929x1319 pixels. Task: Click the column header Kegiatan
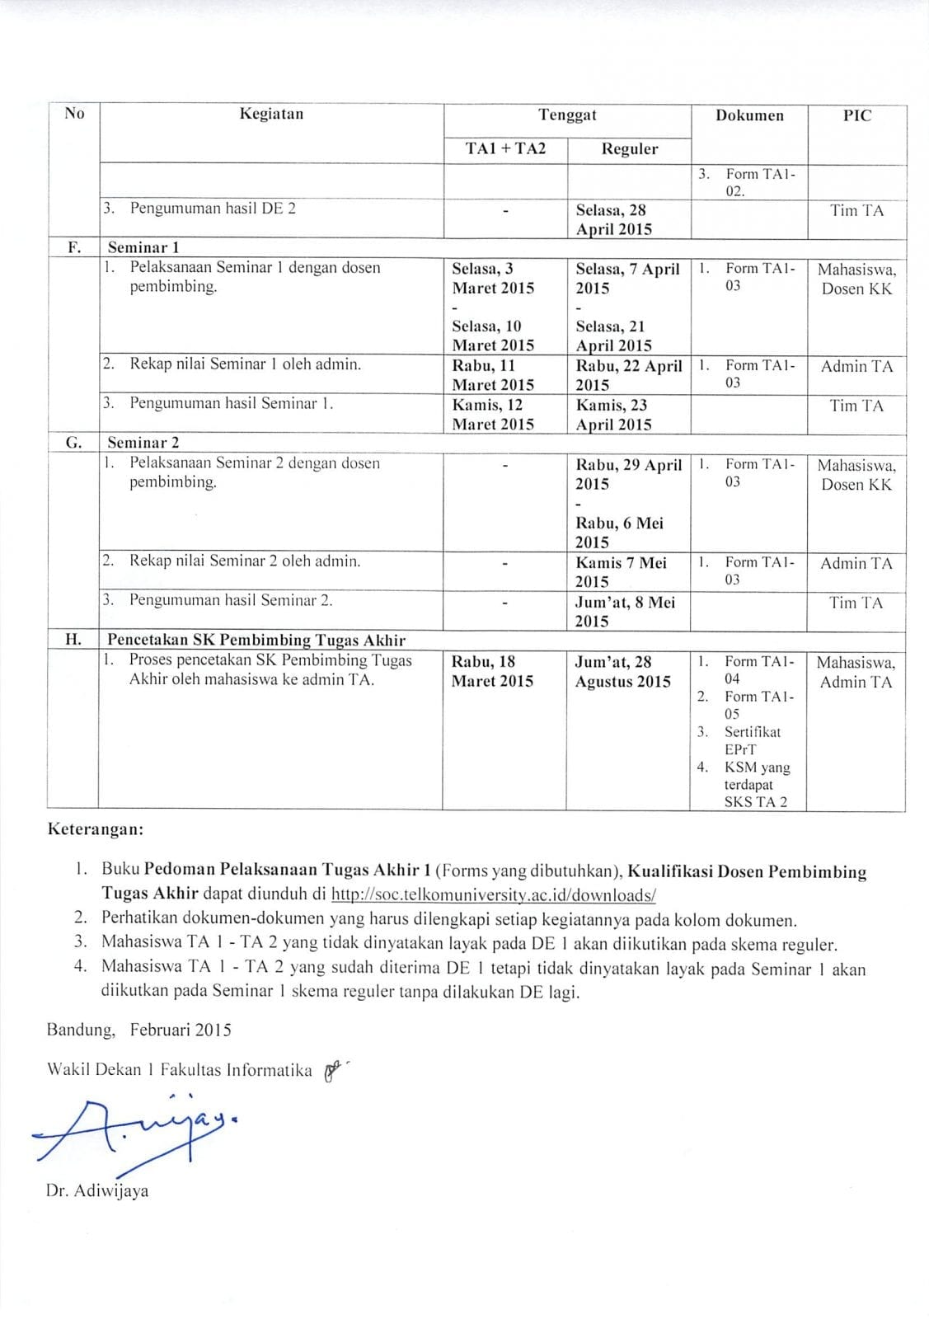(x=271, y=114)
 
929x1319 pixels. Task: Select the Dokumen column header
(x=749, y=115)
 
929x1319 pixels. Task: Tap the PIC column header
(x=856, y=115)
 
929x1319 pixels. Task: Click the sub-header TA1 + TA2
(x=505, y=148)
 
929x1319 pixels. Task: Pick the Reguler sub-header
(x=629, y=149)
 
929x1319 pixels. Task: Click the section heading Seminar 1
(x=143, y=247)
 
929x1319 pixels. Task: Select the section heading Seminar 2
(x=143, y=443)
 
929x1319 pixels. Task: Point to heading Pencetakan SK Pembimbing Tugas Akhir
(x=256, y=640)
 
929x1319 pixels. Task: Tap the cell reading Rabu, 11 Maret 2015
(x=493, y=374)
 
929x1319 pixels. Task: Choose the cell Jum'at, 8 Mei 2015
(x=625, y=612)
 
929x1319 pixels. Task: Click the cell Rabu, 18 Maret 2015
(x=492, y=671)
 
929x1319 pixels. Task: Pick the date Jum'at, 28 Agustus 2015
(x=622, y=671)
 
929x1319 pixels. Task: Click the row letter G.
(x=73, y=443)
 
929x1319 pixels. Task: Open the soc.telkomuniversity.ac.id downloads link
(x=493, y=894)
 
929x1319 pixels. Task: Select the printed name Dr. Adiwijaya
(x=98, y=1190)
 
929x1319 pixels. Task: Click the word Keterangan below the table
(x=96, y=828)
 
